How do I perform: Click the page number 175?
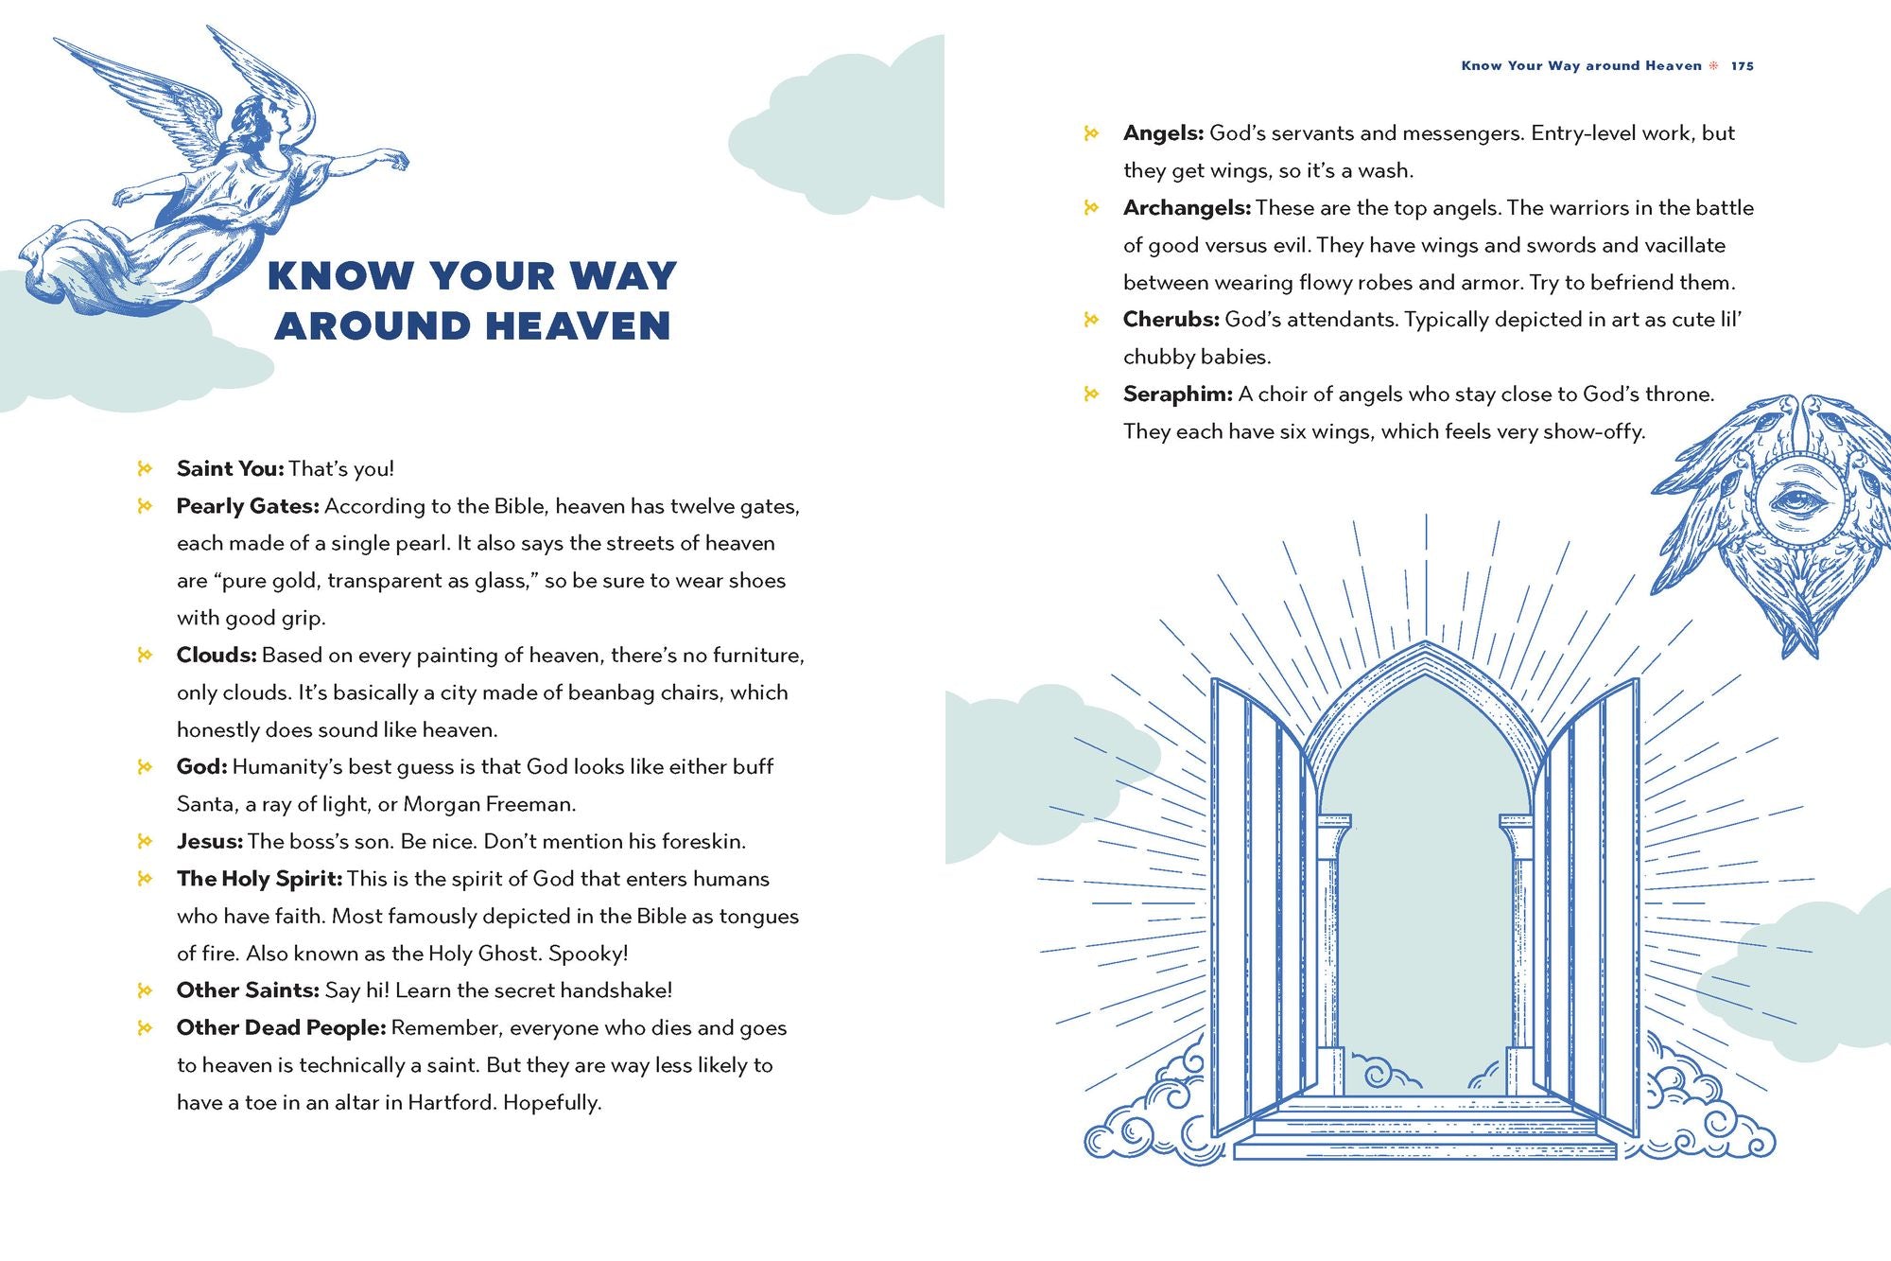pyautogui.click(x=1743, y=66)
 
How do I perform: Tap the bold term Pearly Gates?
pyautogui.click(x=248, y=506)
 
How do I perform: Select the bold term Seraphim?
pyautogui.click(x=1177, y=394)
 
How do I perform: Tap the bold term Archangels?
pyautogui.click(x=1187, y=208)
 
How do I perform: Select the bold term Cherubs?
pyautogui.click(x=1171, y=320)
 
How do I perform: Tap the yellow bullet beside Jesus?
pyautogui.click(x=145, y=841)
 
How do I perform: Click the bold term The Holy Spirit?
pyautogui.click(x=259, y=879)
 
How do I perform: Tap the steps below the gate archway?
pyautogui.click(x=1425, y=1130)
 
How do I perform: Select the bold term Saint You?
pyautogui.click(x=230, y=469)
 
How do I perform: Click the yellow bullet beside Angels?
pyautogui.click(x=1091, y=133)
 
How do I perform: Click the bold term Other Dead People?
pyautogui.click(x=281, y=1028)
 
